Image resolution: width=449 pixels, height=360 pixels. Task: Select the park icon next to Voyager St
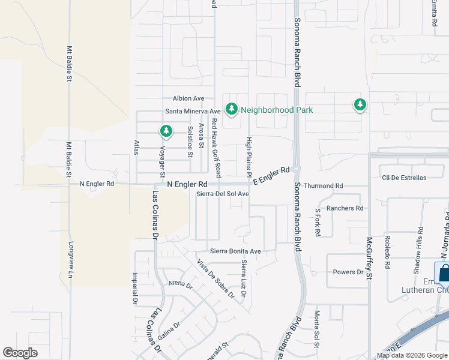click(166, 130)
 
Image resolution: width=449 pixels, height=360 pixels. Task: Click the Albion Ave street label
click(188, 98)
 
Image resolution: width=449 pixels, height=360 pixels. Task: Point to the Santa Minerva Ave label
click(193, 112)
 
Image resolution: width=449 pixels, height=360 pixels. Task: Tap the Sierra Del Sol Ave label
click(223, 194)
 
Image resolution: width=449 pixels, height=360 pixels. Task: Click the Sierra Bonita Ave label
click(235, 251)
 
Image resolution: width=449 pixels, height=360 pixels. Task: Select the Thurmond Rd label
click(323, 186)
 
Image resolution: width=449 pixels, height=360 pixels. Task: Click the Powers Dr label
click(349, 272)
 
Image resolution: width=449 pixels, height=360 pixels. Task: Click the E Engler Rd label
click(271, 176)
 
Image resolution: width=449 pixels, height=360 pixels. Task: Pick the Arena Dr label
click(180, 283)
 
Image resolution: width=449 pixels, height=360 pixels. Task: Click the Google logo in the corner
click(20, 353)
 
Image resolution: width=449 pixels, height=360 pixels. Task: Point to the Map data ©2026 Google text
click(412, 355)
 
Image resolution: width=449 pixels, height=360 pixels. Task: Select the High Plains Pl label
click(250, 155)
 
